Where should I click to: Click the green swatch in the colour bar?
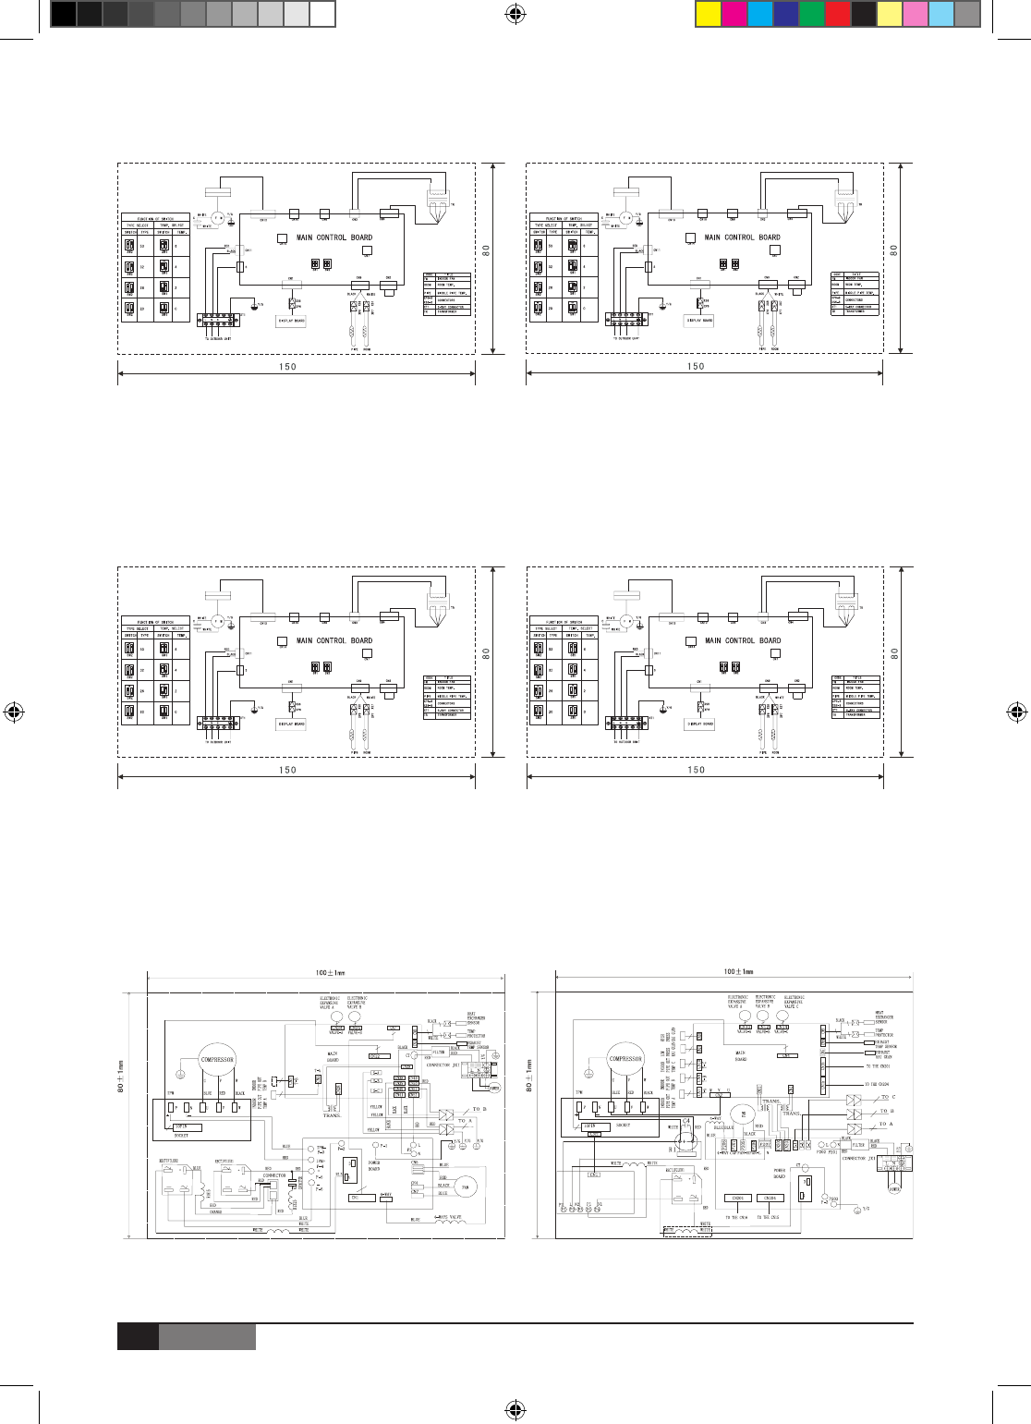810,13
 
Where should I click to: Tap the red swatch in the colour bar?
836,13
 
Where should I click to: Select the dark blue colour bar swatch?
784,13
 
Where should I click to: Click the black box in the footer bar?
137,1337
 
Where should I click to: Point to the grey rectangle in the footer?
207,1337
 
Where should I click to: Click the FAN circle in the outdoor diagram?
467,1187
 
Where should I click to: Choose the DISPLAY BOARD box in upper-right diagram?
700,321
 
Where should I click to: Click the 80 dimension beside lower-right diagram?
893,653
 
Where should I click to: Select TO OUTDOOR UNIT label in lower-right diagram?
629,740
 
